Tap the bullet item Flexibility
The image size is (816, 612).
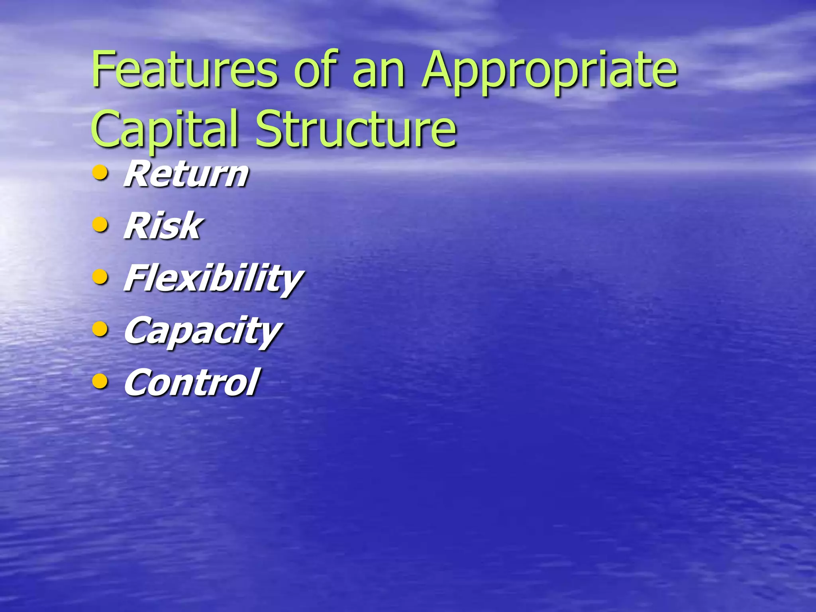213,279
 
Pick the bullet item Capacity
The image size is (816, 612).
202,331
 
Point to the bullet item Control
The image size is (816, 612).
191,382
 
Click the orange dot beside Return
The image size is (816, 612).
100,173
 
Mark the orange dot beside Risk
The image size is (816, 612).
100,225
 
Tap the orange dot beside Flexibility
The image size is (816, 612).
100,277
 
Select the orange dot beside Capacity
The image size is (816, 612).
100,330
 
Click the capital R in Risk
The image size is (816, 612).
138,226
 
